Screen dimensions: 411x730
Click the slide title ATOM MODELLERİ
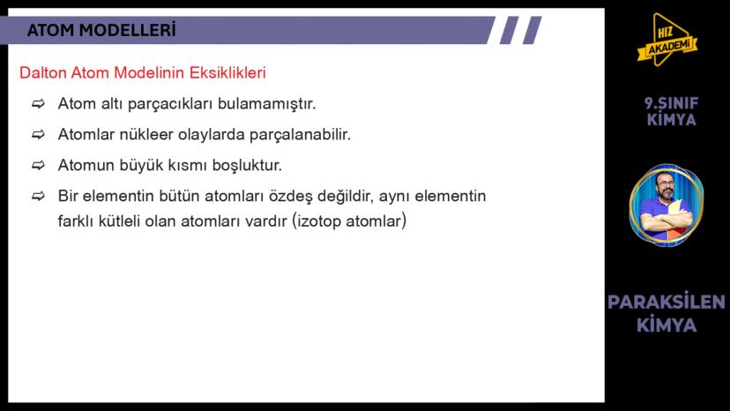(101, 31)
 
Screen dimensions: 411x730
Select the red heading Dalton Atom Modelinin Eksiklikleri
(143, 73)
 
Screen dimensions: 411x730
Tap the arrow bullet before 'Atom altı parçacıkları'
(38, 104)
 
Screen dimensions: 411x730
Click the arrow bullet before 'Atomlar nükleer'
(38, 135)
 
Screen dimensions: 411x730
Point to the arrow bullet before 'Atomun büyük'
(38, 165)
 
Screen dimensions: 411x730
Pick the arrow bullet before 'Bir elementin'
(38, 196)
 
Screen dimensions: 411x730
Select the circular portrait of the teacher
(667, 205)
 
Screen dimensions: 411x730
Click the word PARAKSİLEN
(667, 303)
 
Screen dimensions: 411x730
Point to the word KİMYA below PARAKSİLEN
(667, 325)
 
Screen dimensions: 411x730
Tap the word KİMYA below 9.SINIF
(671, 120)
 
